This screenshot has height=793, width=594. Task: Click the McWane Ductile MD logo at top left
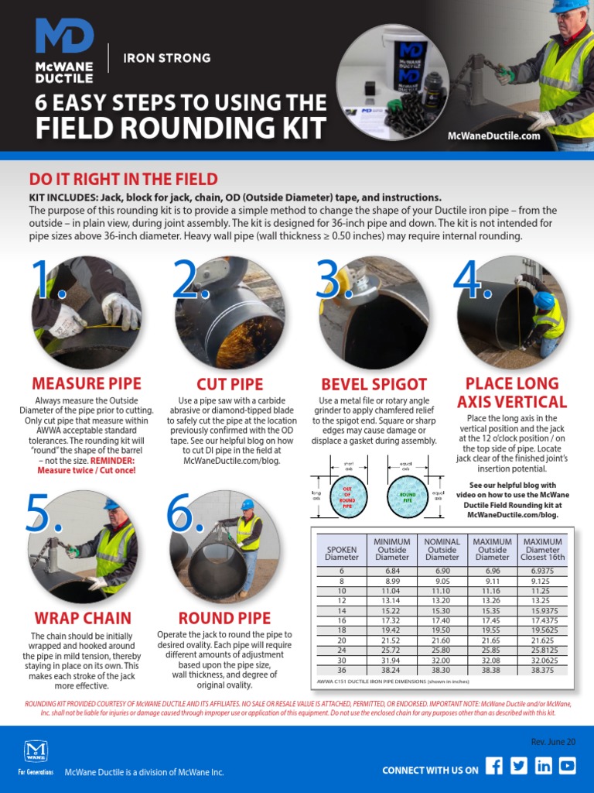coord(64,51)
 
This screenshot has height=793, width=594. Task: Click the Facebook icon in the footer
coord(494,766)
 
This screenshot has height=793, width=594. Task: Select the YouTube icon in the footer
coord(568,766)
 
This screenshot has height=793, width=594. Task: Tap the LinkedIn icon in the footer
coord(544,766)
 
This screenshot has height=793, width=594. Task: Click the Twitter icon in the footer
coord(519,766)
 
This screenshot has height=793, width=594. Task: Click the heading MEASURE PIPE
coord(87,384)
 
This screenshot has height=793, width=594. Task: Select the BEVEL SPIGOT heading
coord(374,384)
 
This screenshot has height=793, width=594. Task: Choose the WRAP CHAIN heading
coord(83,618)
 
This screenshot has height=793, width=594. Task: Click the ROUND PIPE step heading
coord(224,618)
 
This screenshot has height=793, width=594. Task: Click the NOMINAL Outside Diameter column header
coord(442,549)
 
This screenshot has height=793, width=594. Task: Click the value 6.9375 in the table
coord(543,570)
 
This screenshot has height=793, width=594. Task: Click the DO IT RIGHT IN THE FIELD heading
coord(123,180)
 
